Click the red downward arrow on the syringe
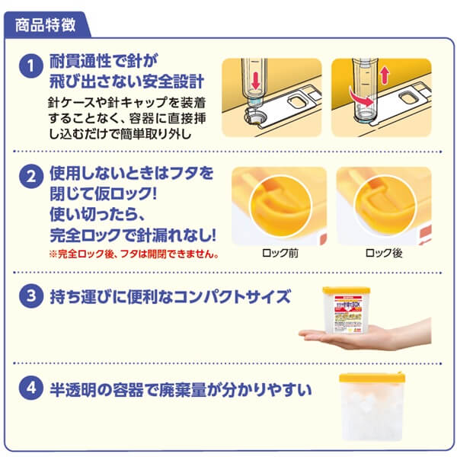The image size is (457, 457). (254, 80)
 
